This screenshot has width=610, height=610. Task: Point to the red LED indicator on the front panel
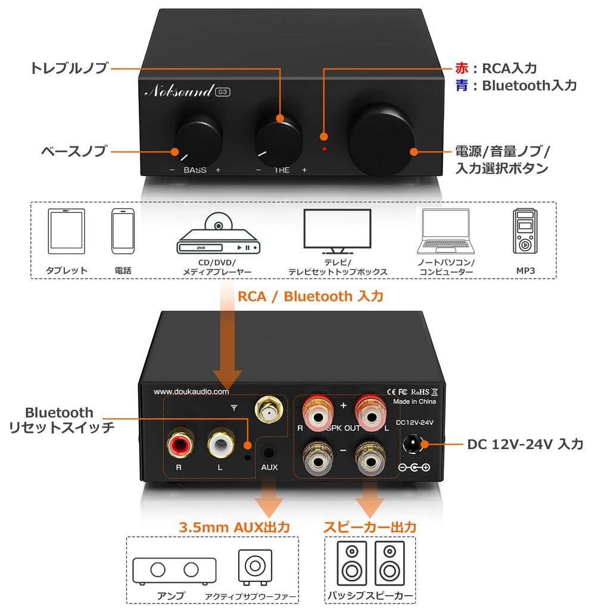coord(324,148)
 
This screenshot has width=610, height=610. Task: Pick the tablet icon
coord(67,232)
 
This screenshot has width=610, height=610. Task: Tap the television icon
coord(337,231)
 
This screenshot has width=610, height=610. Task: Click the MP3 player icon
coord(525,232)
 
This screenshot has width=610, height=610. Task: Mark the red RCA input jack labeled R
coord(179,444)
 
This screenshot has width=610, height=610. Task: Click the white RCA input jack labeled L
coord(220,444)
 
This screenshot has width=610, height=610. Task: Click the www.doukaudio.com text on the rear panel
coord(191,391)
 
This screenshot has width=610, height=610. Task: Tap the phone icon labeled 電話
coord(123,232)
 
